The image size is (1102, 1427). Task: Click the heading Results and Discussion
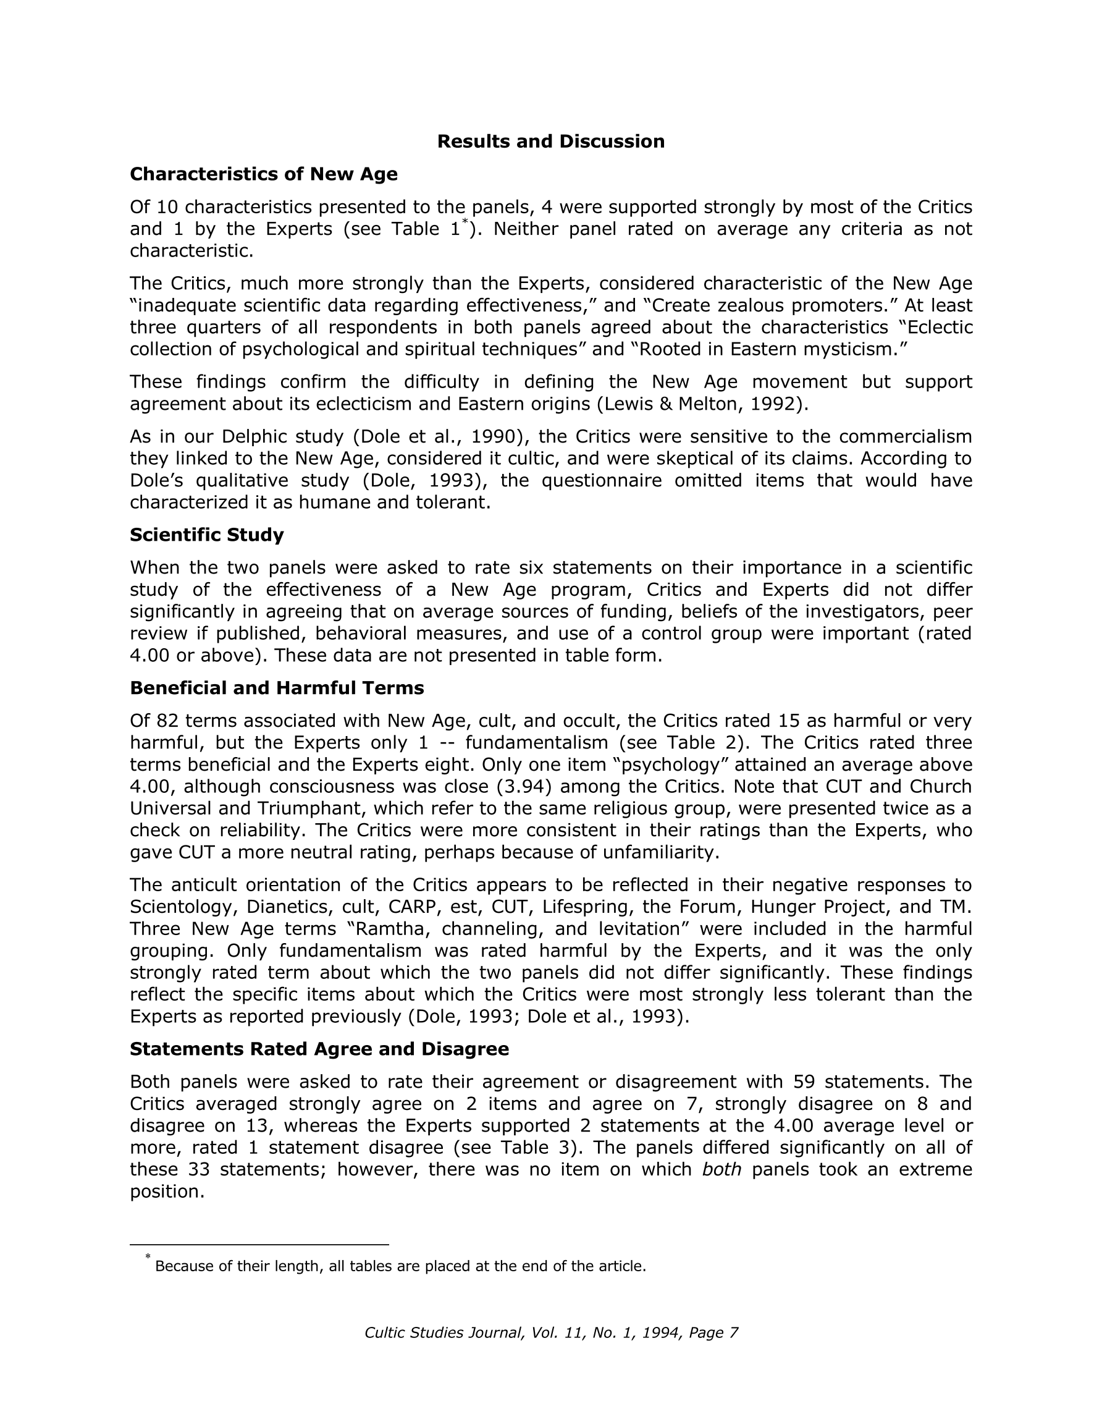[x=550, y=142]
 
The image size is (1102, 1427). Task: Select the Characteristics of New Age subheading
[x=263, y=174]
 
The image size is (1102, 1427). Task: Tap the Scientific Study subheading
[x=206, y=535]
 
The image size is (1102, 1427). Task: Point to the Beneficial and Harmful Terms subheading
[x=277, y=688]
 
